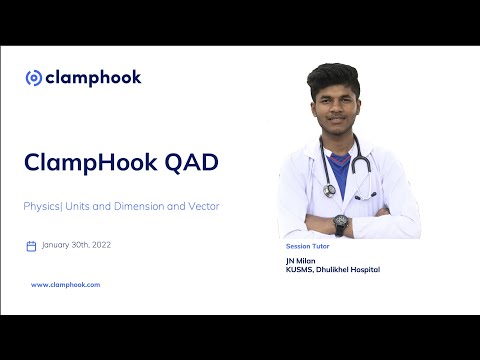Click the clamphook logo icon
pyautogui.click(x=33, y=78)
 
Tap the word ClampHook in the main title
pyautogui.click(x=84, y=161)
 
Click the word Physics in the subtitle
pyautogui.click(x=42, y=206)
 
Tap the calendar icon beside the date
pyautogui.click(x=31, y=246)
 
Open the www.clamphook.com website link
pyautogui.click(x=65, y=285)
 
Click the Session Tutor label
pyautogui.click(x=306, y=245)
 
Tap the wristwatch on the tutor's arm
pyautogui.click(x=340, y=222)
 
